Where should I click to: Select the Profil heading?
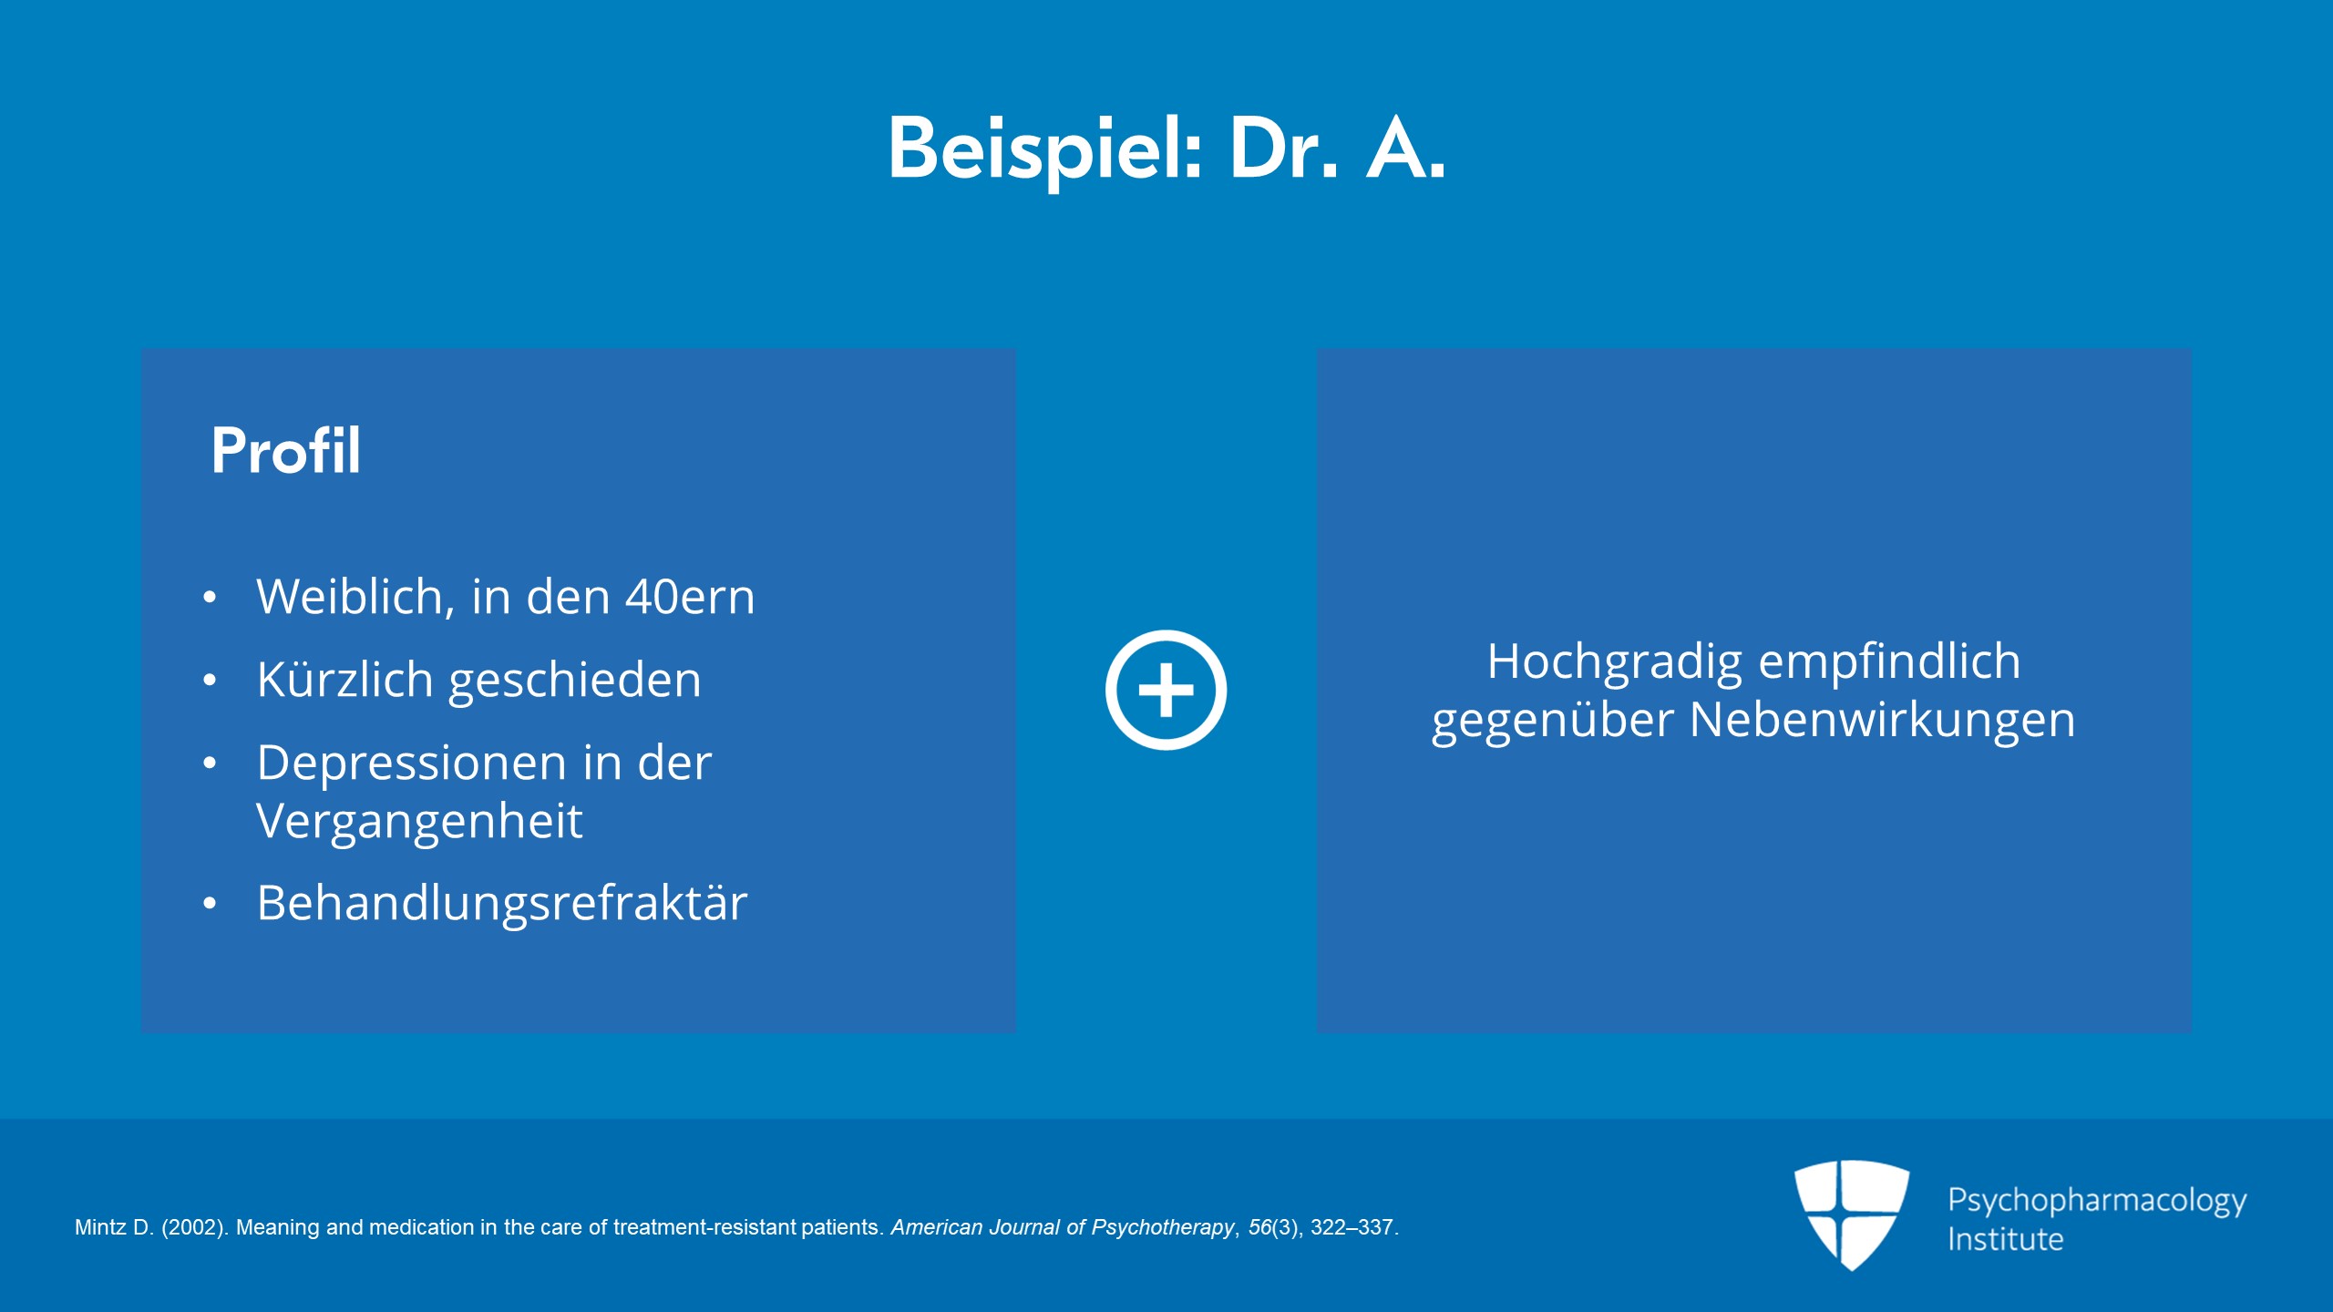(286, 450)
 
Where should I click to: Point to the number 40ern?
(690, 598)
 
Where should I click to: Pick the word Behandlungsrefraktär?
(502, 903)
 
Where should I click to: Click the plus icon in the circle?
(1166, 690)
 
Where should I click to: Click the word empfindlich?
(1889, 662)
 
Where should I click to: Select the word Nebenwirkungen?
(1883, 720)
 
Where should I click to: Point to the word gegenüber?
(1553, 722)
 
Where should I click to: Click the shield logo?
(1852, 1215)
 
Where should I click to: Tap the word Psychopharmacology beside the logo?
(2097, 1201)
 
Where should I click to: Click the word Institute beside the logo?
(2005, 1239)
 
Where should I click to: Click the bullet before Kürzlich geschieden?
(211, 681)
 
